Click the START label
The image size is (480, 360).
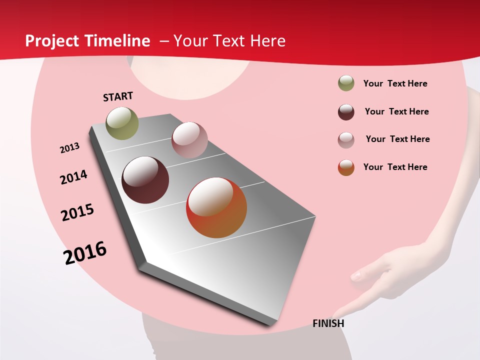click(118, 96)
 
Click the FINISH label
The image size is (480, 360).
click(328, 323)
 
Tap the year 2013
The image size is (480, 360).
click(69, 148)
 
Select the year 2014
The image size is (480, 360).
click(73, 177)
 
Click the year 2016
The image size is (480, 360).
click(85, 253)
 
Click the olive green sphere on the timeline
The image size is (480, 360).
click(122, 123)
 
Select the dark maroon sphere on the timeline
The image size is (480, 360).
click(145, 180)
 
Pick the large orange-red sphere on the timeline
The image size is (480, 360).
click(216, 207)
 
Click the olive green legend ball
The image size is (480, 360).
click(346, 83)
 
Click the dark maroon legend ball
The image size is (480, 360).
click(346, 112)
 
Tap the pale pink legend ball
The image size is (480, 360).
click(346, 139)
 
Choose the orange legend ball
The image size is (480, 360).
click(346, 167)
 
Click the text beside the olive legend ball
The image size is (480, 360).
click(395, 83)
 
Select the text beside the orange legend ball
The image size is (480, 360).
click(395, 167)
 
